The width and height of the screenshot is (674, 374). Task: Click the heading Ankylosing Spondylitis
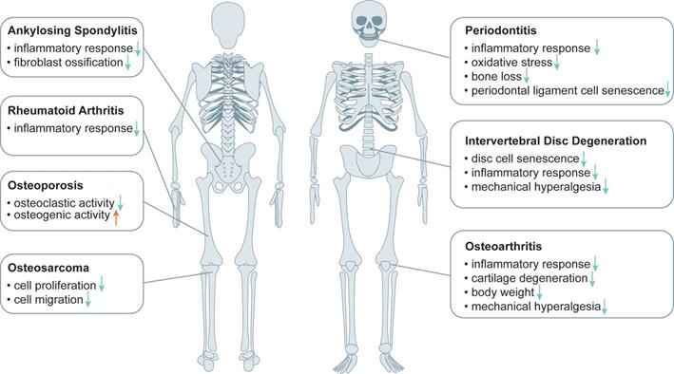pos(72,30)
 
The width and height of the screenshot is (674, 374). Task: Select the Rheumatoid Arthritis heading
pos(66,110)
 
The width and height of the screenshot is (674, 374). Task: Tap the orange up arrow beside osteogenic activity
pos(116,217)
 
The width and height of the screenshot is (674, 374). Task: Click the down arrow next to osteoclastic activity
pos(121,203)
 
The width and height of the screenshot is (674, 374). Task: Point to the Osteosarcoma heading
pos(48,268)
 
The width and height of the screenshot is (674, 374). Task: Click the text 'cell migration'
pos(48,300)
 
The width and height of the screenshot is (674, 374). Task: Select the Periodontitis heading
pos(501,30)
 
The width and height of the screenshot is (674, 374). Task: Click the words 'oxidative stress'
pos(512,63)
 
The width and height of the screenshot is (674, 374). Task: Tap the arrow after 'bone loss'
pos(526,76)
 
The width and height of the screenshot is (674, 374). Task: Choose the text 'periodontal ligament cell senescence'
pos(568,90)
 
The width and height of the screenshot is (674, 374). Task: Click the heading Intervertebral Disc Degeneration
pos(556,140)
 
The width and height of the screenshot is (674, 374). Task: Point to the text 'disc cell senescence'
pos(526,159)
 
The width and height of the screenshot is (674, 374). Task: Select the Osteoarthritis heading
pos(503,247)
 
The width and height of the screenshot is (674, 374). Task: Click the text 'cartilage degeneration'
pos(530,278)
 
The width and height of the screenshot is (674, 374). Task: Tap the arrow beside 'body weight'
pos(539,292)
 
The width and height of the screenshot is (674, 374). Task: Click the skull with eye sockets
pos(369,24)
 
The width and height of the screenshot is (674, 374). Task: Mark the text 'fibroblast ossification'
pos(68,63)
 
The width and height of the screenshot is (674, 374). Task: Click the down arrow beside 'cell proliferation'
pos(102,284)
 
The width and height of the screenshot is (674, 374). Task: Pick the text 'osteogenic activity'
pos(62,215)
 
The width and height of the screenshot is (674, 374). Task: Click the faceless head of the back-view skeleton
pos(229,25)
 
